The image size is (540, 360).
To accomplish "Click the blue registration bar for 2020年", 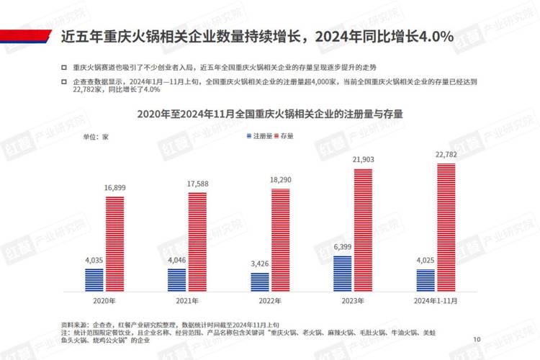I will tap(94, 279).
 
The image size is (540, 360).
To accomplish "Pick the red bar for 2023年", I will tap(364, 230).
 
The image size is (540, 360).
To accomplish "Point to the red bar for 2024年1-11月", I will tap(446, 227).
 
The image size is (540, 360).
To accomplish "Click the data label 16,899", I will tap(115, 188).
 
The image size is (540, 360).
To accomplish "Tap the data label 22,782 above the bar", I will tap(446, 155).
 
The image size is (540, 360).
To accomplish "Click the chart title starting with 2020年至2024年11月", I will tap(270, 114).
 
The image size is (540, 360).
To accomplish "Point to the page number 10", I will tap(477, 339).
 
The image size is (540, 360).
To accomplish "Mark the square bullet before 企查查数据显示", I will tap(66, 82).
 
